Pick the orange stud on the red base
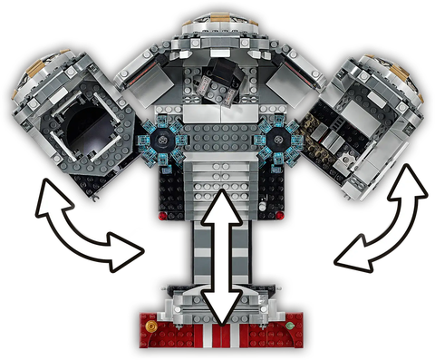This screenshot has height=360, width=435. (x=151, y=323)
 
